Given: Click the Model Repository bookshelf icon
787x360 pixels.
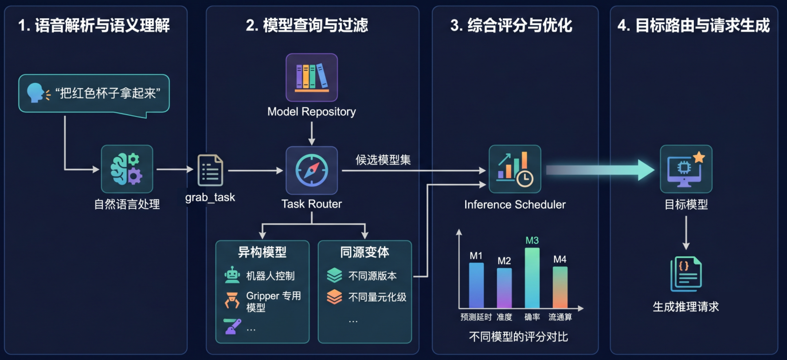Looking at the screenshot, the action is pos(312,78).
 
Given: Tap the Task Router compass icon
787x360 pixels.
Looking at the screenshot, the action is pos(312,170).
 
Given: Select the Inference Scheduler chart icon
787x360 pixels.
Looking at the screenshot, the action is pos(515,169).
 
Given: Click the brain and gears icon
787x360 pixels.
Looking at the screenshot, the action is pos(127,169).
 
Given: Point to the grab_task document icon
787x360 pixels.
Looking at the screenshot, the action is pos(210,170).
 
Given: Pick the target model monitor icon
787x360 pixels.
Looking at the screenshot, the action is pos(686,169).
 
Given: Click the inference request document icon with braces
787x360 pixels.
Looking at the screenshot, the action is pos(686,274).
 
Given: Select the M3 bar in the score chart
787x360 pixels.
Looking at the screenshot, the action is pos(532,278).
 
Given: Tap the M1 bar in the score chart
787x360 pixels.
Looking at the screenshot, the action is pos(477,286).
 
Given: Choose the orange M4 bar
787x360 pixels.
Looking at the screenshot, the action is pos(560,287).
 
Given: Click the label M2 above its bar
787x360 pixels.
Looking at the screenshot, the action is pos(504,261).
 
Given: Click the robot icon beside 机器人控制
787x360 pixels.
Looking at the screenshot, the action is pos(232,275).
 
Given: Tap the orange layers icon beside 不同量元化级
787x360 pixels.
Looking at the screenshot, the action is pos(334,297).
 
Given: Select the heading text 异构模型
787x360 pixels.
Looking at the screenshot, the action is pos(262,252).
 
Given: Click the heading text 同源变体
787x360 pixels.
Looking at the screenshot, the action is pos(364,252).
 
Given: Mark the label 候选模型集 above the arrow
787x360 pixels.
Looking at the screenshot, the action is pos(383,160).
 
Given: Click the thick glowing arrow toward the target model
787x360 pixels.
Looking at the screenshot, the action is pos(600,170).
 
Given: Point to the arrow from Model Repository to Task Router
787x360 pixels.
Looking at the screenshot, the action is pos(312,133).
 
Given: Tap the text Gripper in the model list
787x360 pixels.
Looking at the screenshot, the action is pos(262,296).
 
